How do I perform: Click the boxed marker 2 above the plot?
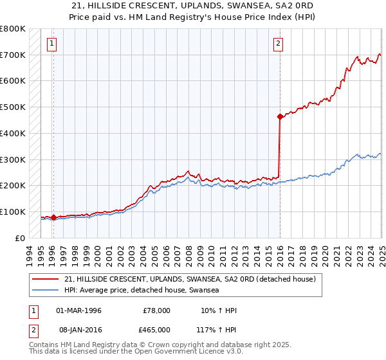tap(278, 44)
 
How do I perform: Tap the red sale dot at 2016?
tap(280, 116)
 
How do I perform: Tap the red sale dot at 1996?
tap(53, 217)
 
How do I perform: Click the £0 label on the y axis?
tap(19, 238)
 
